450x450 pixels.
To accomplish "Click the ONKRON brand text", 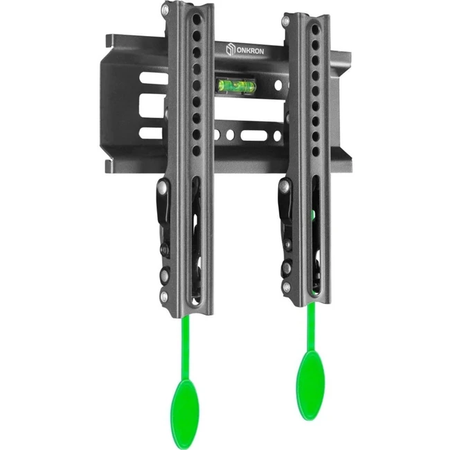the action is [x=250, y=51].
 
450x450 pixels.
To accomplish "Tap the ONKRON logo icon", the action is [x=231, y=49].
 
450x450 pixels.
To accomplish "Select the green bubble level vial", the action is [x=236, y=84].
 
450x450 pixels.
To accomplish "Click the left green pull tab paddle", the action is [x=185, y=408].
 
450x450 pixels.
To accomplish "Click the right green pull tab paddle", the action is [x=311, y=384].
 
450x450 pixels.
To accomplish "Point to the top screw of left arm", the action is [x=165, y=11].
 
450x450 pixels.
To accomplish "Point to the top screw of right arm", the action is [x=285, y=21].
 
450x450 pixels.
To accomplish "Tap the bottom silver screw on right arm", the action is [x=286, y=287].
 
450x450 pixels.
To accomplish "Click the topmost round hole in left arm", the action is [x=197, y=19].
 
